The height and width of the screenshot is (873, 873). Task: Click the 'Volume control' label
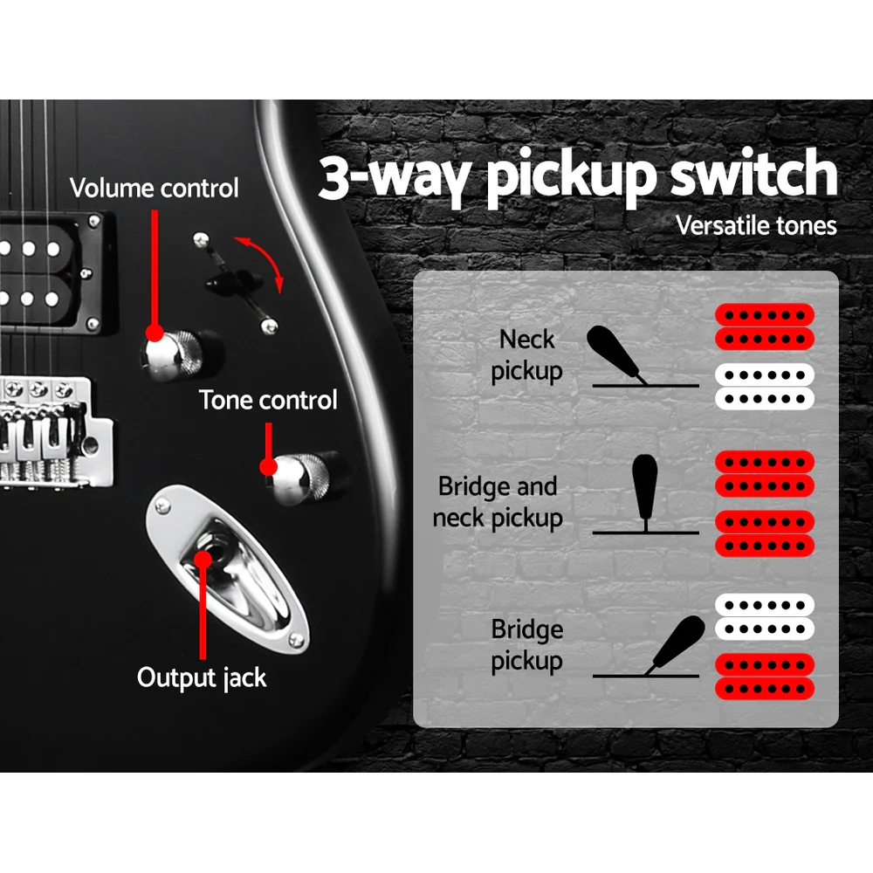[x=154, y=189]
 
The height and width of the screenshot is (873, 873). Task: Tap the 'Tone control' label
[x=268, y=401]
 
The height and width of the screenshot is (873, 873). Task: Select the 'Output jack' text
[x=202, y=677]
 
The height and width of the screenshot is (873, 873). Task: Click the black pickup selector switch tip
[x=222, y=282]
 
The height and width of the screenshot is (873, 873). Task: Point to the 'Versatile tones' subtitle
[x=756, y=226]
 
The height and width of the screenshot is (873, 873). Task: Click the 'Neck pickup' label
[x=526, y=355]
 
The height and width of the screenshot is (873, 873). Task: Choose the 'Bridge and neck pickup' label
[x=498, y=503]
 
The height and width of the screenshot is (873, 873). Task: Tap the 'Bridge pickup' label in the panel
[x=526, y=645]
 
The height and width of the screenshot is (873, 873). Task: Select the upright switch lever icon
[x=645, y=489]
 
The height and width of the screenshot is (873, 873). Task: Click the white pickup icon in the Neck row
[x=765, y=387]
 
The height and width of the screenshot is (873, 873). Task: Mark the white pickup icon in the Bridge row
[x=765, y=616]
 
